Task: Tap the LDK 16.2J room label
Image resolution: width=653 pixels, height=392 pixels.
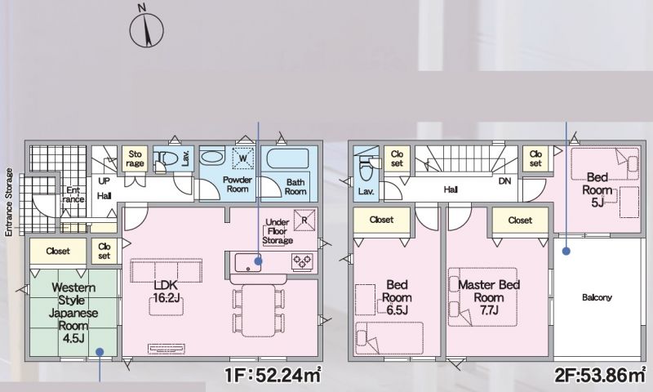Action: point(167,292)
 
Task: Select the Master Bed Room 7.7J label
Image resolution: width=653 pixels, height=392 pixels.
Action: point(489,297)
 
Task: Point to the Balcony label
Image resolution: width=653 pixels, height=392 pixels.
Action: point(597,297)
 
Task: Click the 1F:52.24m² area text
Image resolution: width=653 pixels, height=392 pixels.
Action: point(273,375)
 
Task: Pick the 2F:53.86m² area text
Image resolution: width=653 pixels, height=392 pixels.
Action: point(600,376)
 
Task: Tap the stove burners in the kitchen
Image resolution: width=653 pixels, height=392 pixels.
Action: point(302,261)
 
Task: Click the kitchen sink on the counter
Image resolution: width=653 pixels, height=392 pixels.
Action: point(248,262)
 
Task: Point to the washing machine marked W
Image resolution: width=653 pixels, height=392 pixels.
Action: point(242,158)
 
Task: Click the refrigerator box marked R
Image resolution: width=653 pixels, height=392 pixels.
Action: point(304,220)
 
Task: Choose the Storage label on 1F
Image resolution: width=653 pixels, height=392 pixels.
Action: point(135,158)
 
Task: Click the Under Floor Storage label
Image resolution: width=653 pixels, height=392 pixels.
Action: point(278,231)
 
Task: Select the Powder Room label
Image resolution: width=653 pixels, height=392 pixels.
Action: point(238,184)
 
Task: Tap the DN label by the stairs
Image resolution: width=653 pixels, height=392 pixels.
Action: point(504,181)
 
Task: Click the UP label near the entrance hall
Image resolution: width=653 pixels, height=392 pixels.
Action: point(104,181)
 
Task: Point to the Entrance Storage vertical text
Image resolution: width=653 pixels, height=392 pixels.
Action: point(9,203)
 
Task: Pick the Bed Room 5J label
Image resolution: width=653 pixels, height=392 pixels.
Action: point(597,190)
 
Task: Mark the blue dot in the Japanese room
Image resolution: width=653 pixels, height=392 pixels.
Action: point(99,352)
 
